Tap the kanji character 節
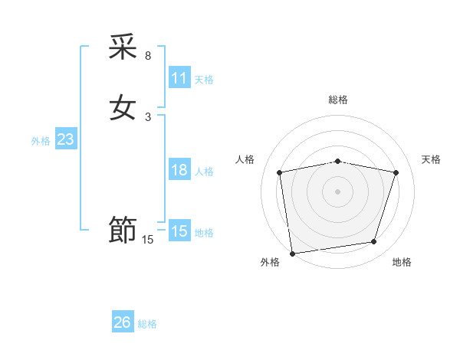(x=123, y=230)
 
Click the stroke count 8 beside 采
(x=148, y=56)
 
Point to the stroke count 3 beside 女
(x=148, y=116)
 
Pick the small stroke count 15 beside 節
(x=148, y=240)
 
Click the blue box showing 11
(x=179, y=78)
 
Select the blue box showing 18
(x=179, y=170)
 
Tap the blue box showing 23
(x=66, y=139)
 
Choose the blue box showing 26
(x=123, y=322)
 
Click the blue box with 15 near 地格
(x=179, y=231)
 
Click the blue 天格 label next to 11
(x=204, y=80)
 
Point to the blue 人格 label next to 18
(x=204, y=172)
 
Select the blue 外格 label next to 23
(x=41, y=141)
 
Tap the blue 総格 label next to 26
(x=147, y=324)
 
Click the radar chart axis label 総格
(x=338, y=100)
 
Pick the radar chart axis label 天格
(x=432, y=159)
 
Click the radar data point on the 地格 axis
(x=374, y=242)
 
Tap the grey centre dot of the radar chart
(x=338, y=191)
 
